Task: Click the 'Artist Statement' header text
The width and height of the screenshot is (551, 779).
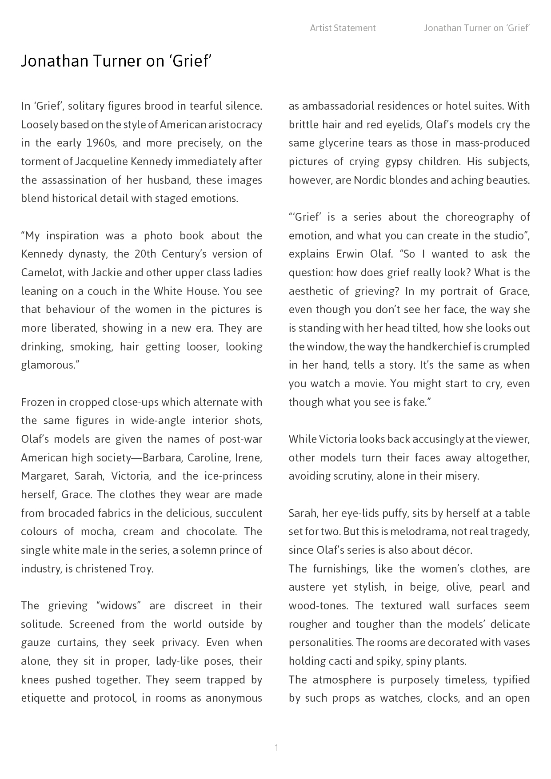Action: [343, 28]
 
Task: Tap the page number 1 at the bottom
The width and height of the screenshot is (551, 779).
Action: [276, 748]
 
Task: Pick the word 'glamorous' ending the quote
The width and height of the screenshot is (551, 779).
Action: [48, 365]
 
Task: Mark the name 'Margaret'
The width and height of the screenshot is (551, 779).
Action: [43, 476]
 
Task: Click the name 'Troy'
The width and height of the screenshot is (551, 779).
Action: [140, 568]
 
